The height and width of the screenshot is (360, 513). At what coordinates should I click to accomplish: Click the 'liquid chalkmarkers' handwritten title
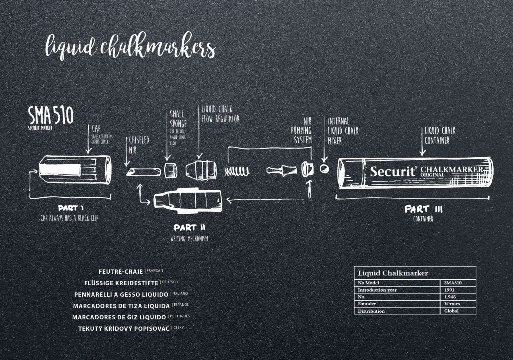point(130,48)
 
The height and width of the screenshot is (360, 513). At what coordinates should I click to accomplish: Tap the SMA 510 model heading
point(50,116)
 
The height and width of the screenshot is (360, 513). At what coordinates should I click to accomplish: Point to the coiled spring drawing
point(237,172)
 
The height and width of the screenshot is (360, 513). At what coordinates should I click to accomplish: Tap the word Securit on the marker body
point(393,171)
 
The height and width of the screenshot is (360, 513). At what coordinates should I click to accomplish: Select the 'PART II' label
point(189,227)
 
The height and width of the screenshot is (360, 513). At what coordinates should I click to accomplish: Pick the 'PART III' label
point(423,209)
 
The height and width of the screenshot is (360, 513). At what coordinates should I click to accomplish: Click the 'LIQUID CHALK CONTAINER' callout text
point(440,135)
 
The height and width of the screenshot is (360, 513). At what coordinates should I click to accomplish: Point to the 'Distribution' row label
point(371,311)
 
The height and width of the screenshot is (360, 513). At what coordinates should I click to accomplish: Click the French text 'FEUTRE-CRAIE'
point(121,272)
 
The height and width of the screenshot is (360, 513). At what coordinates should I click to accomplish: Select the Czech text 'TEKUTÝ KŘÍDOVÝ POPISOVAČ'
point(123,329)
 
